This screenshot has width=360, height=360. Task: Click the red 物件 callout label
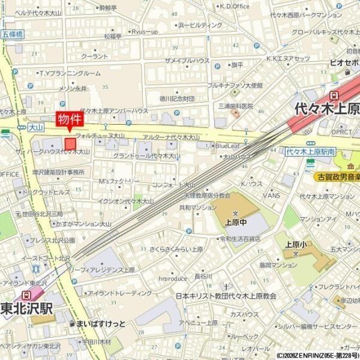tap(68, 119)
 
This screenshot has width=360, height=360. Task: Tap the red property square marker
tap(71, 144)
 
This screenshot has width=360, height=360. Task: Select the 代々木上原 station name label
tap(326, 110)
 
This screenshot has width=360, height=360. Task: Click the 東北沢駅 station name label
tap(26, 309)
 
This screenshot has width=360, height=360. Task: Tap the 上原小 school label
tap(293, 245)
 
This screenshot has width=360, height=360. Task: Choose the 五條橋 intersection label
tap(12, 35)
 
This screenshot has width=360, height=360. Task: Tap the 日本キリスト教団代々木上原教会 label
tap(226, 296)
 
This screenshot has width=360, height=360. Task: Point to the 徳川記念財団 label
tap(177, 98)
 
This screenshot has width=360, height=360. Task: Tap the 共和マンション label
tap(197, 208)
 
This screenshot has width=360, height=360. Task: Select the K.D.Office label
tap(234, 6)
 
